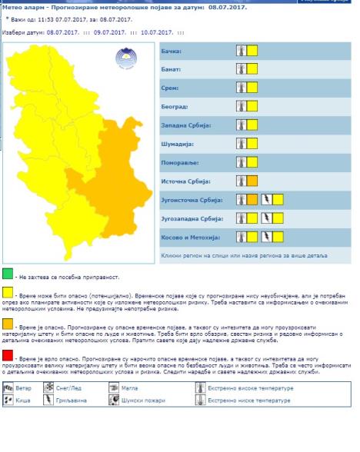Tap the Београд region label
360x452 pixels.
[175, 107]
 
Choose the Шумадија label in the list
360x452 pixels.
[178, 144]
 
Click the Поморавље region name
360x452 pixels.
[180, 162]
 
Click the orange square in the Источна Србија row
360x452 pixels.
[252, 181]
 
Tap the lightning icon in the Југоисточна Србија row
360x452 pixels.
[266, 199]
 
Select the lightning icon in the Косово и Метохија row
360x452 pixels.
[266, 236]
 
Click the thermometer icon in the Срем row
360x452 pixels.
[241, 88]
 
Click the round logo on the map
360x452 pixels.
[123, 59]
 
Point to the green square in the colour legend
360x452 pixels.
[8, 274]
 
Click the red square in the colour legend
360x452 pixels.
[8, 357]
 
